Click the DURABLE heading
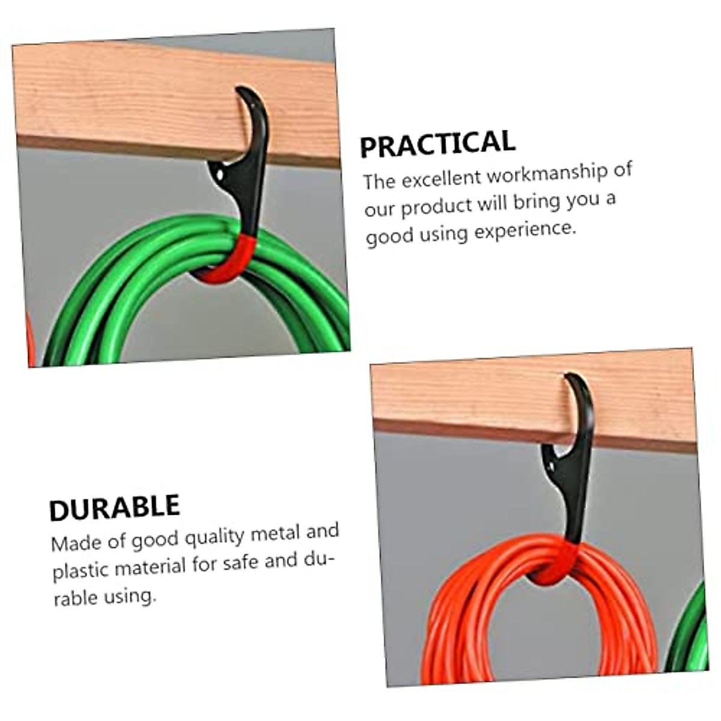click(x=114, y=508)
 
